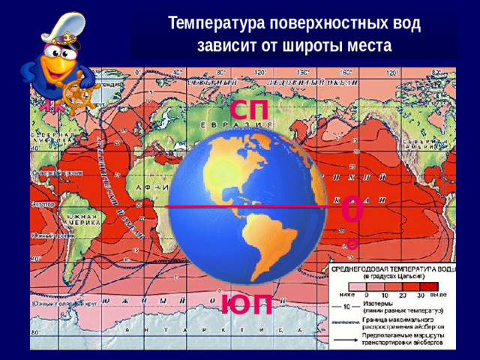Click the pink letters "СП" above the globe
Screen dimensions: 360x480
point(250,109)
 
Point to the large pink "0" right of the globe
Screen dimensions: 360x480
point(352,211)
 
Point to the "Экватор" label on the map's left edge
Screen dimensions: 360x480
point(42,204)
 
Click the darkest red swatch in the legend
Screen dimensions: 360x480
point(428,286)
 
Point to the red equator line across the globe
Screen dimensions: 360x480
point(247,205)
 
